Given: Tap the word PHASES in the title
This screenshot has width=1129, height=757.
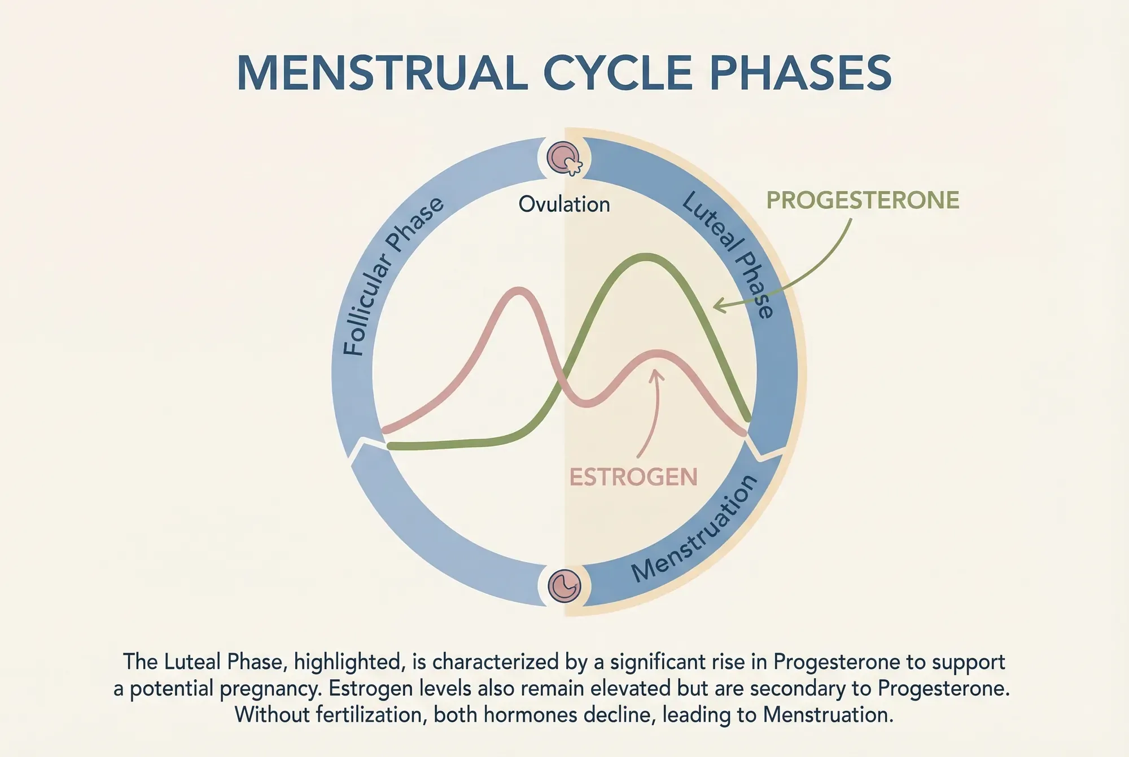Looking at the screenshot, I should coord(800,74).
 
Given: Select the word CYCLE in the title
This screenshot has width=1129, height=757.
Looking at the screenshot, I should coord(618,74).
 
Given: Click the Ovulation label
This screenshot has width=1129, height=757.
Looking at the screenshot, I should coord(564,204).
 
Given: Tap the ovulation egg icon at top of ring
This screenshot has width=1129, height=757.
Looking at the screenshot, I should coord(564,158).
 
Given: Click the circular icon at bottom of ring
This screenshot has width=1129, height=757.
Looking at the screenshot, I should coord(564,585).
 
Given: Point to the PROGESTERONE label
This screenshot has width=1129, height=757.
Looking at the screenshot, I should coord(862,200).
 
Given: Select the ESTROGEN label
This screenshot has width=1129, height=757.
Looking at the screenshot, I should coord(633,478).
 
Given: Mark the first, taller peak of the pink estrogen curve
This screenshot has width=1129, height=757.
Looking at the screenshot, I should coord(518,291).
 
